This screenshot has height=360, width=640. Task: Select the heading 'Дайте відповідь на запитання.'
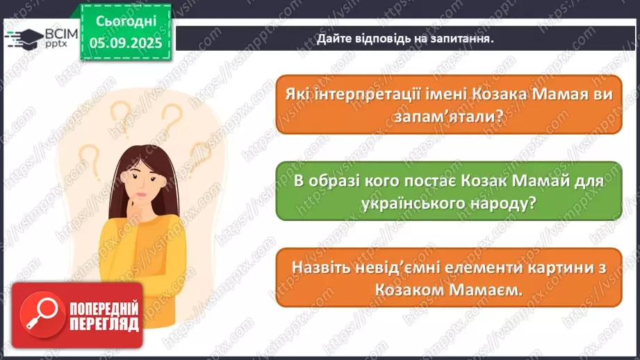(x=405, y=39)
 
